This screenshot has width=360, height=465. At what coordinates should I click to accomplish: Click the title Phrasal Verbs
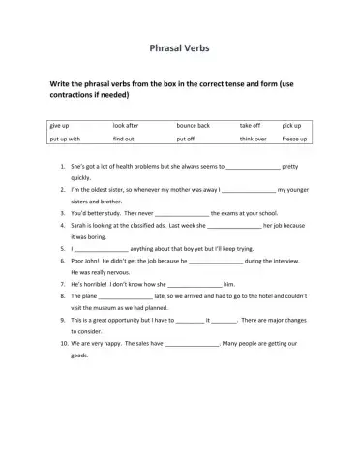(180, 46)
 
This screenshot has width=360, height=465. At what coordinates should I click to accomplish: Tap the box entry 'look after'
(126, 126)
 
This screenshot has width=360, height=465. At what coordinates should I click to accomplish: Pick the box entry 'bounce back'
(193, 126)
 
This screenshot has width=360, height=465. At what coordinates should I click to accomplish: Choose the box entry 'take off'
(250, 126)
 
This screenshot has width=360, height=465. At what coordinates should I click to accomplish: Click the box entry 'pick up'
(291, 126)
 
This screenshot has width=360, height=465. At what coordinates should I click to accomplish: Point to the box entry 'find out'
(123, 139)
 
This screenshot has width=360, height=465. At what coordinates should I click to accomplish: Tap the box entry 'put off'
(186, 139)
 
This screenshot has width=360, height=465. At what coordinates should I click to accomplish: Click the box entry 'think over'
(254, 139)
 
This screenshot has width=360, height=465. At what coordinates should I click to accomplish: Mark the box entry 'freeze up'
(294, 139)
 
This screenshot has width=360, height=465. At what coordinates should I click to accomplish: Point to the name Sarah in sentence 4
(81, 225)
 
